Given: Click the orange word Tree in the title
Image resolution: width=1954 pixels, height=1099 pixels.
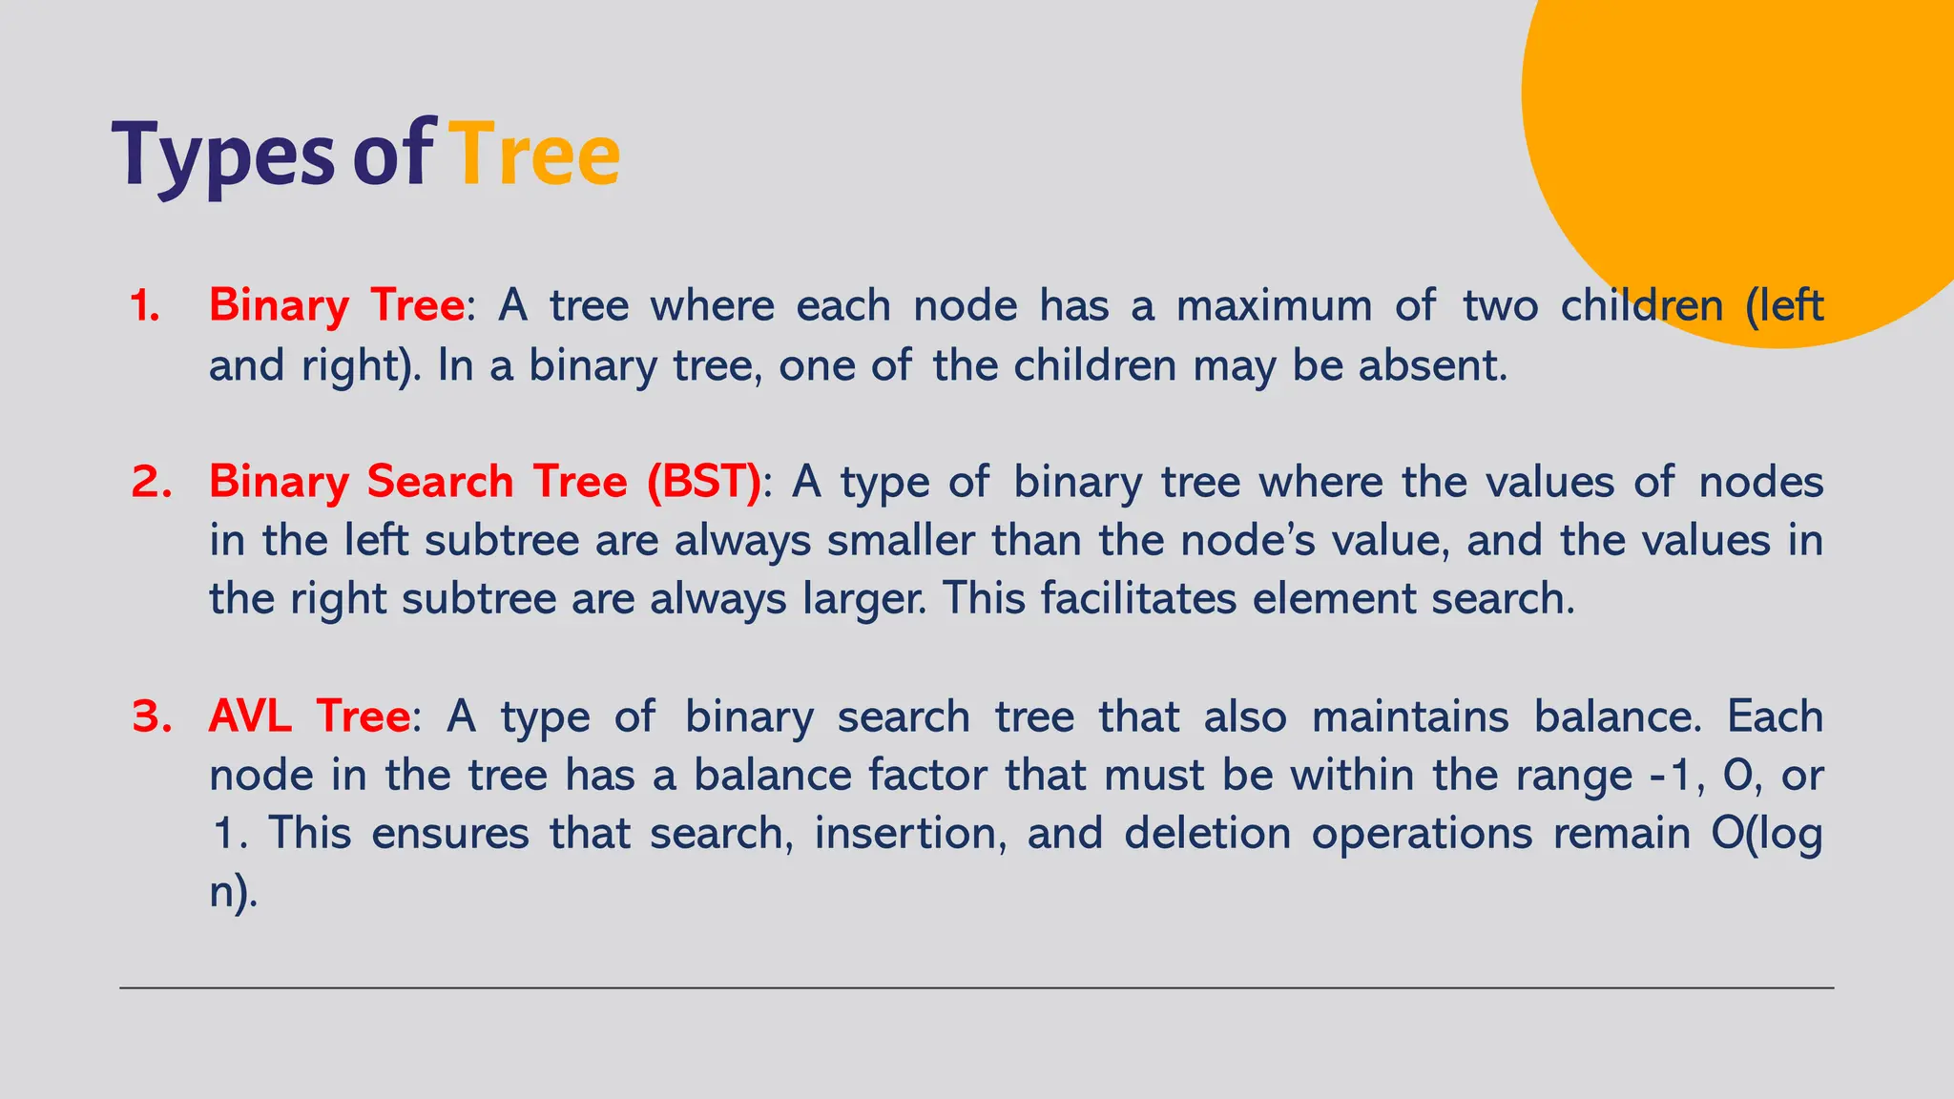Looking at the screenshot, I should (x=534, y=155).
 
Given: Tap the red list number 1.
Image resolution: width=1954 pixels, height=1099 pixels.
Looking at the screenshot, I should (x=145, y=306).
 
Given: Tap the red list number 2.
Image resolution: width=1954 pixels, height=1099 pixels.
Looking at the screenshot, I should (x=151, y=482).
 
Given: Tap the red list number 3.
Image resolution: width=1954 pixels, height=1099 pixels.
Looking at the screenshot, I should (x=151, y=716).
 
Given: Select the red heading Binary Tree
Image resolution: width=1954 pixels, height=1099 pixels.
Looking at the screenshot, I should (x=336, y=306).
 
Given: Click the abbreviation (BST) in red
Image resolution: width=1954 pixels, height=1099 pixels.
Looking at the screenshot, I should (x=703, y=482).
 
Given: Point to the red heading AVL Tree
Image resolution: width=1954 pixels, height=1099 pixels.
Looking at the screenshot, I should (x=309, y=716).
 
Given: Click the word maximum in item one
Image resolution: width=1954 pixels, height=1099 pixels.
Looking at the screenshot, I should (x=1274, y=306).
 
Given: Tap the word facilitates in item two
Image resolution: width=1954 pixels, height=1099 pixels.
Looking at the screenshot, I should (x=1137, y=600).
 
